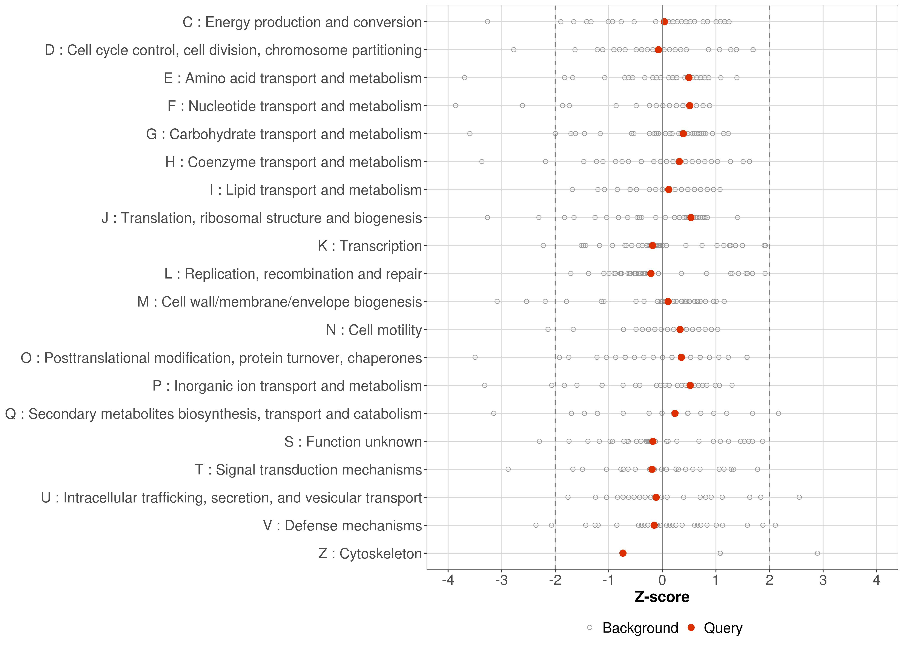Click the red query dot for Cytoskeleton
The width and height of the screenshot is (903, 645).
pyautogui.click(x=623, y=553)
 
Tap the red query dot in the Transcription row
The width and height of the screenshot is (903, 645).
pyautogui.click(x=653, y=246)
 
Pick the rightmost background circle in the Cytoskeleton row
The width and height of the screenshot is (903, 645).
pyautogui.click(x=817, y=553)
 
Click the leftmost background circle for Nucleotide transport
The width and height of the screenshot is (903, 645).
pyautogui.click(x=455, y=106)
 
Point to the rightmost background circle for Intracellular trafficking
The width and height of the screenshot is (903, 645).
pyautogui.click(x=799, y=497)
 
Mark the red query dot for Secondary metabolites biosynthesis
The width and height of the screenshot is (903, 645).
pyautogui.click(x=675, y=413)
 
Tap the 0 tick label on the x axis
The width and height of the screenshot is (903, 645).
pyautogui.click(x=662, y=581)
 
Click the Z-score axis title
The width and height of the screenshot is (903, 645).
pyautogui.click(x=662, y=597)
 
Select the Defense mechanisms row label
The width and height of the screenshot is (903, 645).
pyautogui.click(x=342, y=525)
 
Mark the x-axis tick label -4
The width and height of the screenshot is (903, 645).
pyautogui.click(x=448, y=581)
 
